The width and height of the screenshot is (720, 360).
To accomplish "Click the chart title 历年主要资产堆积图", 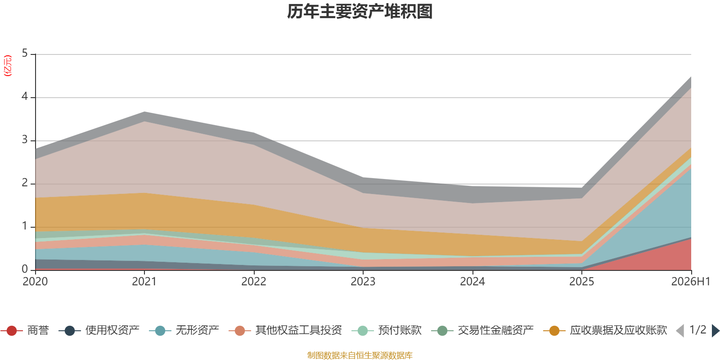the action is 360,12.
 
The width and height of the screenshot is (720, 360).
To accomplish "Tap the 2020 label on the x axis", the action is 35,282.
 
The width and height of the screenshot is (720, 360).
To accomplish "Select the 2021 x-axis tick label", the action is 144,282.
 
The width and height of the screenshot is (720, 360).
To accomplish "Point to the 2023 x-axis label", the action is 363,282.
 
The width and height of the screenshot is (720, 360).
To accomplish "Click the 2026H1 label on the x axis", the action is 690,282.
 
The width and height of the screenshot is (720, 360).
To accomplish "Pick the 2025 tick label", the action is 581,282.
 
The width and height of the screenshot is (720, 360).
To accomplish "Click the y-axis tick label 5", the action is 25,54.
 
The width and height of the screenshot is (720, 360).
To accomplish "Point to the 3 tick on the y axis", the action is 25,140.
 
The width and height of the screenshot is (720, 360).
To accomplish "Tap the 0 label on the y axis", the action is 25,270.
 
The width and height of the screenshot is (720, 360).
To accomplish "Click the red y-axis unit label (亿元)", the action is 8,66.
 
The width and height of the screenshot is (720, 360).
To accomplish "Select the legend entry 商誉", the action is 25,330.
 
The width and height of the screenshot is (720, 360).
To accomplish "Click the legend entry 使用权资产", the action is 99,330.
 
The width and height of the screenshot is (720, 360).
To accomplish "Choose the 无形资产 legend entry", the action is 184,330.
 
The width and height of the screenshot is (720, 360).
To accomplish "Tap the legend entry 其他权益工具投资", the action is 285,330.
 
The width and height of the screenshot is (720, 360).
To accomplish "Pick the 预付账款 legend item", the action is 387,330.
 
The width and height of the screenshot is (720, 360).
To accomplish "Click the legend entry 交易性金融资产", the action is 482,330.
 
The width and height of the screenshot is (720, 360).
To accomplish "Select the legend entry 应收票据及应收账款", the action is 605,330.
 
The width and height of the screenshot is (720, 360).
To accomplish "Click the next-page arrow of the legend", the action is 715,331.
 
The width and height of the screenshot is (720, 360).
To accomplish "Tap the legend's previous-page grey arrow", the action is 680,331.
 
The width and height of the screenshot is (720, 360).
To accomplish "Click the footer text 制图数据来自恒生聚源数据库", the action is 360,355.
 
